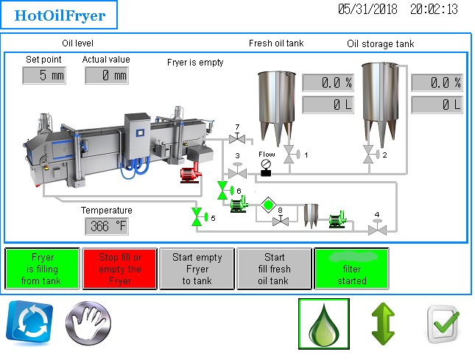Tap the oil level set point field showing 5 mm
coord(43,75)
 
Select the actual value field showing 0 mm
coord(107,75)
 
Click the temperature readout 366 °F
coord(107,226)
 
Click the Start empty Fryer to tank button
coord(197,269)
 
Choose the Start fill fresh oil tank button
coord(274,269)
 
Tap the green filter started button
coord(351,269)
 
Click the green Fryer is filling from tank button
coord(43,269)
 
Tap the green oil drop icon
coord(323,323)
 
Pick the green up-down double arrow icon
coord(383,324)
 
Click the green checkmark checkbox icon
coord(443,323)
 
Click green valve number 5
coord(197,217)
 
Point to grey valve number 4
coord(377,229)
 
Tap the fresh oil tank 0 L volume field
coord(328,105)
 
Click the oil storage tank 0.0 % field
coord(436,82)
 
